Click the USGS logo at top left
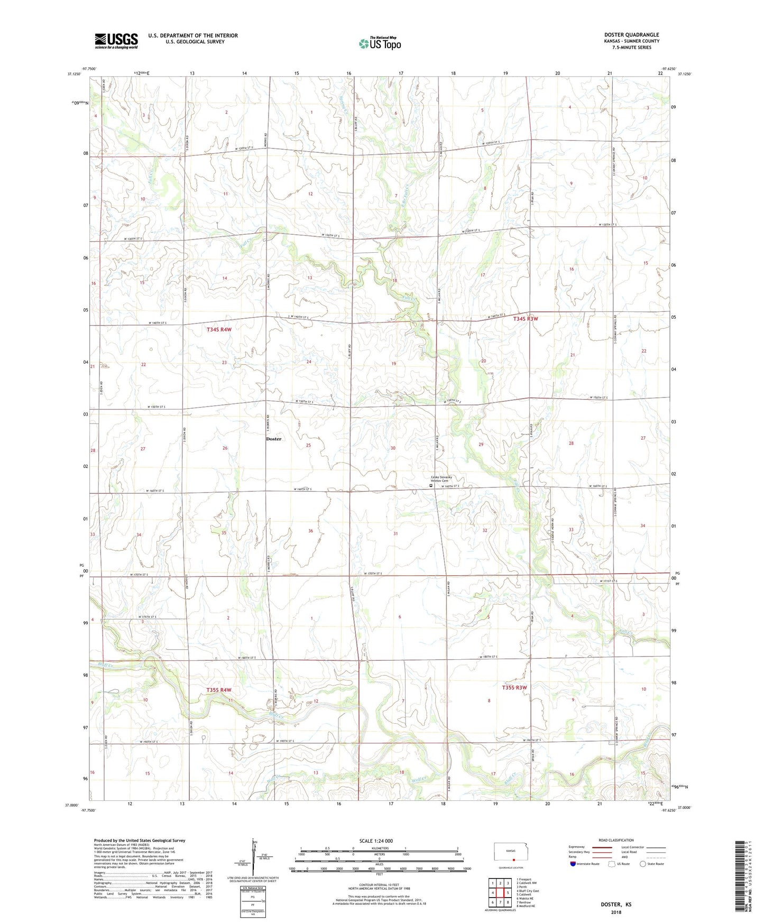tap(116, 41)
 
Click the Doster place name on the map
tap(273, 439)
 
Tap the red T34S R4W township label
tap(219, 329)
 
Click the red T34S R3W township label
tap(525, 319)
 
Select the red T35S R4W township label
tap(219, 690)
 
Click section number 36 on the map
tap(311, 531)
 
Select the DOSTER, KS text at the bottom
tap(616, 904)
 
